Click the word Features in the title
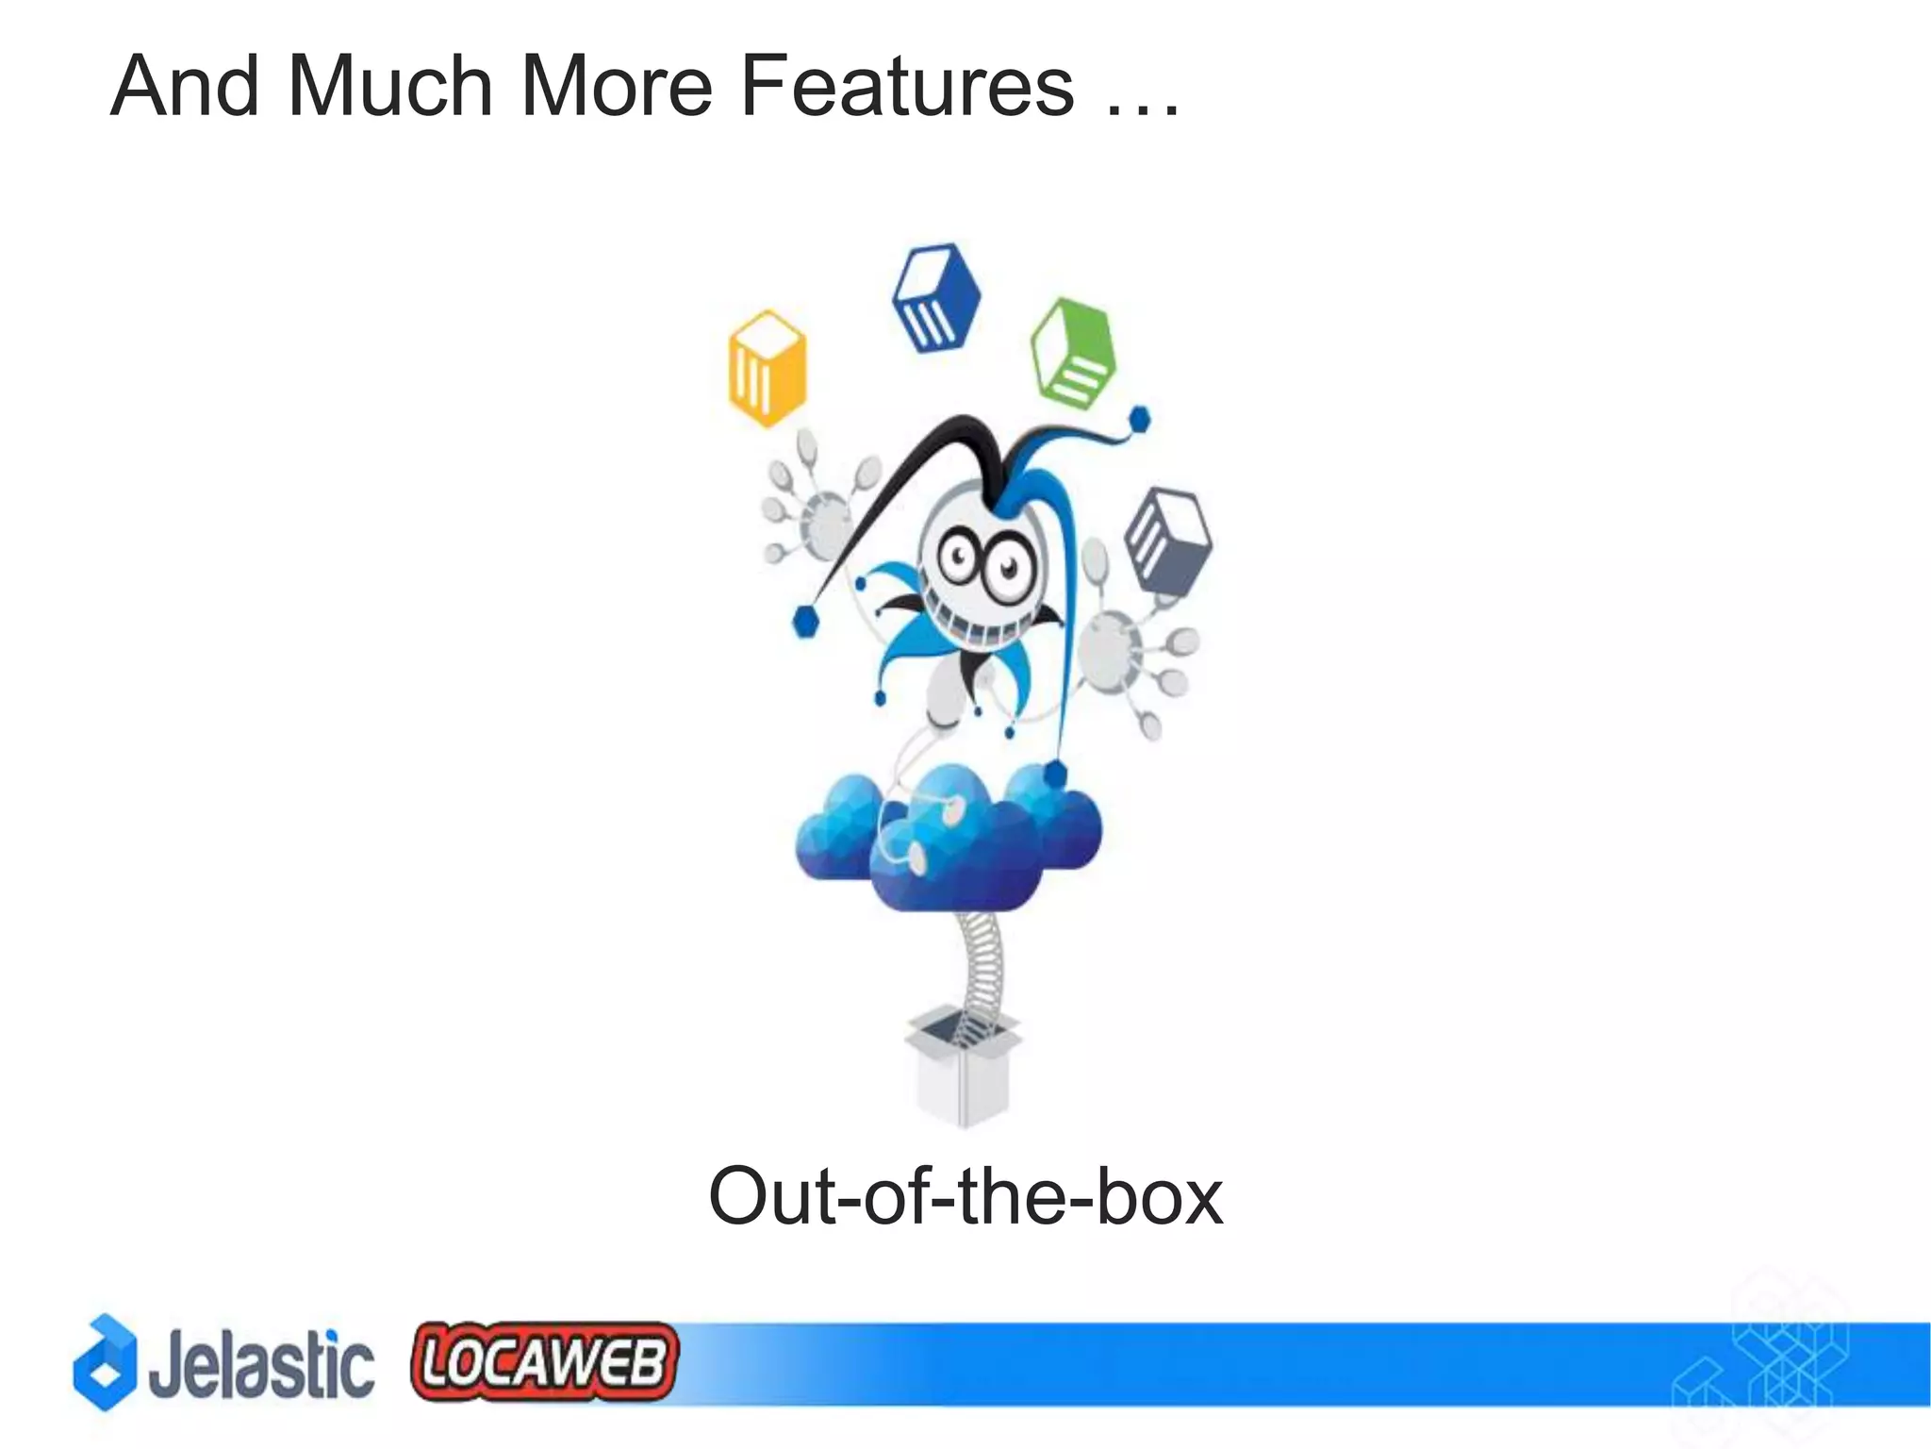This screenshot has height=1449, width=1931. click(906, 87)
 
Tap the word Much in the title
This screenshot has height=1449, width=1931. click(390, 87)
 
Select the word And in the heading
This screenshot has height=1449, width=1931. click(185, 87)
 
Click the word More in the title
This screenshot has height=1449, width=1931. click(616, 87)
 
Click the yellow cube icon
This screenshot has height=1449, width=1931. click(767, 368)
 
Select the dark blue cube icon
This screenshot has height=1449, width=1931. click(935, 297)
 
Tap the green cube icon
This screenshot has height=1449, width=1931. click(1074, 352)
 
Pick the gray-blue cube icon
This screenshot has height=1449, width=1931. click(1168, 539)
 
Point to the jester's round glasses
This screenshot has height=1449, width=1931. click(981, 561)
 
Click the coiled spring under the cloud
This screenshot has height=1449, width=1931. click(981, 967)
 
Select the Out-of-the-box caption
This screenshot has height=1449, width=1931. click(965, 1196)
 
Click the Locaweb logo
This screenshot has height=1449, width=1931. click(544, 1360)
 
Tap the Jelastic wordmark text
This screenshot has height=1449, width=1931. click(261, 1364)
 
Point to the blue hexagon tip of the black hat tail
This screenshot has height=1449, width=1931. click(805, 622)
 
